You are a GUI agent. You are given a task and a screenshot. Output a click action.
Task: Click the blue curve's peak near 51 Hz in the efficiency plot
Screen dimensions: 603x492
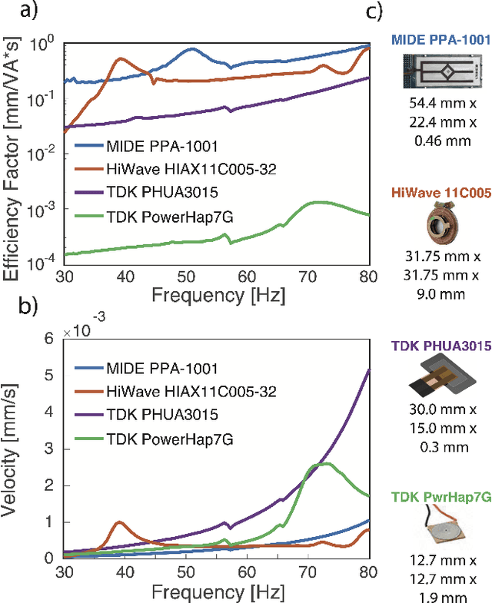[x=191, y=48]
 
